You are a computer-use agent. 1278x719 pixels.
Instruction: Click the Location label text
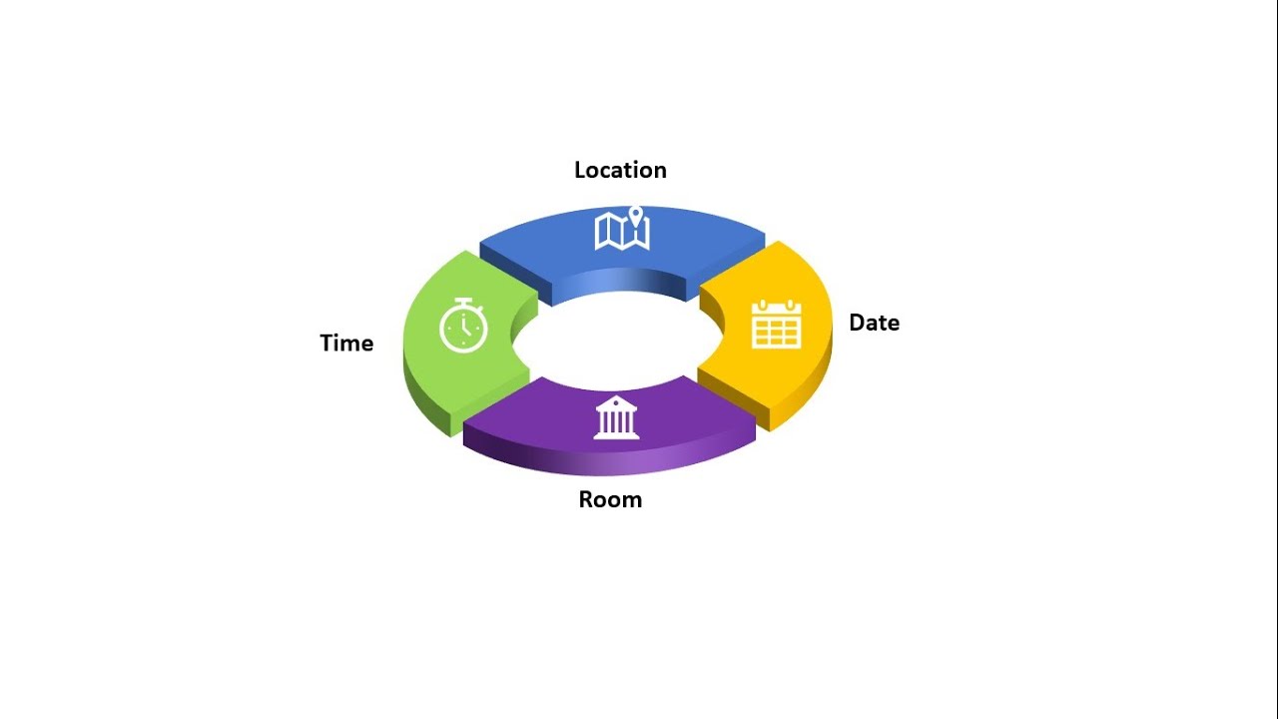coord(620,170)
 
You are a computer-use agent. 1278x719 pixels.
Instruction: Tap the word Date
coord(874,323)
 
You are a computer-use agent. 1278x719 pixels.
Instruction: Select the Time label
coord(346,343)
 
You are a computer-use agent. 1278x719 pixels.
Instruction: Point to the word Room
coord(610,500)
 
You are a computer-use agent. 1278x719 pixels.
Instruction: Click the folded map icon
coord(622,231)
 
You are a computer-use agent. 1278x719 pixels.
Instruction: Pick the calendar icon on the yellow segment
coord(777,324)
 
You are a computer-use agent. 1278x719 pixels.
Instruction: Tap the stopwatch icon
coord(463,326)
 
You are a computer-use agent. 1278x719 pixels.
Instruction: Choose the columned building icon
coord(616,417)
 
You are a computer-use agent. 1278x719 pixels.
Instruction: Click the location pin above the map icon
coord(636,216)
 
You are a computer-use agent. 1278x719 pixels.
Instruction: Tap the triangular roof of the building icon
coord(616,403)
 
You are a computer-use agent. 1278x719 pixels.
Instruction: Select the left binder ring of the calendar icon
coord(762,305)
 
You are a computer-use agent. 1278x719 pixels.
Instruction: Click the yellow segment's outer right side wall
coord(804,393)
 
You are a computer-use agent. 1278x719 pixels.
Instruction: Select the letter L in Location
coord(580,170)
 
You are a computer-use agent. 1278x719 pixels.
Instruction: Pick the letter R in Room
coord(586,500)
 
